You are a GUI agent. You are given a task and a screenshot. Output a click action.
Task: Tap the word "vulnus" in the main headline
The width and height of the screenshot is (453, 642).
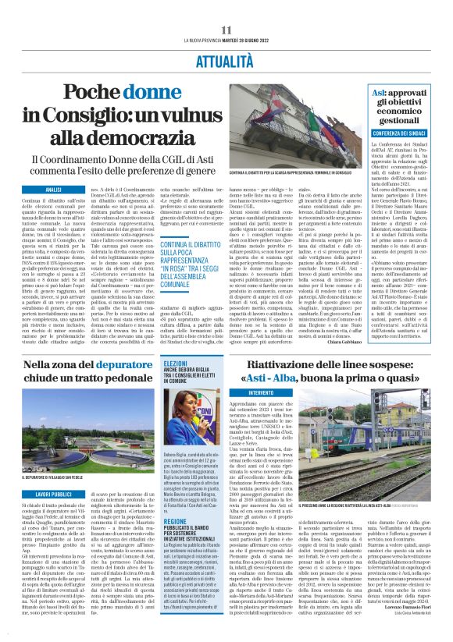tap(177, 114)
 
